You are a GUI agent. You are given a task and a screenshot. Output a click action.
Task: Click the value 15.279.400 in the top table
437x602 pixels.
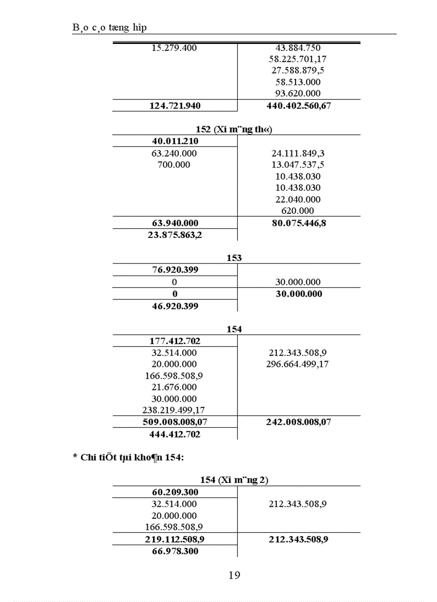coord(174,48)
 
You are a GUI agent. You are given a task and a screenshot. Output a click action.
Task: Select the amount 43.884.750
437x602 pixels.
coord(298,48)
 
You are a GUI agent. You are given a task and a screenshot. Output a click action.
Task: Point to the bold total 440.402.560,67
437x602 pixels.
coord(298,106)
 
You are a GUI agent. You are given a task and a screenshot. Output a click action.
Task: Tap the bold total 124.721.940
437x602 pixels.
coord(175,106)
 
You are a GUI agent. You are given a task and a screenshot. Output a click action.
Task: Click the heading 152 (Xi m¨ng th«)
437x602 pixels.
coord(235,130)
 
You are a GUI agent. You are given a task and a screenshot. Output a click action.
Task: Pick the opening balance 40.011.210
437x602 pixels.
coord(175,142)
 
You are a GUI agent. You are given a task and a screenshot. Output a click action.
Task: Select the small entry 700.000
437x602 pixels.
coord(174,165)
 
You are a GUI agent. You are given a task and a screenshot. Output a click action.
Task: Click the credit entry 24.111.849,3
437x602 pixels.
coord(298,153)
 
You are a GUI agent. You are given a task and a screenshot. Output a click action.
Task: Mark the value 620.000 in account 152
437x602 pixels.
coord(298,211)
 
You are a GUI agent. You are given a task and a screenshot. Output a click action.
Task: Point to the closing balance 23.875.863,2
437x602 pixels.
coord(175,234)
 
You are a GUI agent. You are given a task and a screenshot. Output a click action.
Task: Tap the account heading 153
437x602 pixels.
coord(234,258)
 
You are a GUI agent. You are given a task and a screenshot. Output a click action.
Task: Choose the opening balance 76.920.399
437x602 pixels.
coord(175,270)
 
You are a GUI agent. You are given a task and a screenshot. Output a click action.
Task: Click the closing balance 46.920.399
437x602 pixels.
coord(175,307)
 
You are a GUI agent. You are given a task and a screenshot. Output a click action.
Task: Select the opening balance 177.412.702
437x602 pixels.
coord(175,341)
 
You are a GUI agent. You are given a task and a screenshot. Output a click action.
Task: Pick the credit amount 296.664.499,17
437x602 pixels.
coord(298,365)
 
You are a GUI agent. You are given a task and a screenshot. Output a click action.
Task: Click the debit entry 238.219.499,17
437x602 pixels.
coord(174,411)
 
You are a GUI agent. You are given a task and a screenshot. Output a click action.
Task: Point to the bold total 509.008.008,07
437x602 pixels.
coord(175,422)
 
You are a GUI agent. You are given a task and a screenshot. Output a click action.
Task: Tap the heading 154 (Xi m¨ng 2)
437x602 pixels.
coord(234,480)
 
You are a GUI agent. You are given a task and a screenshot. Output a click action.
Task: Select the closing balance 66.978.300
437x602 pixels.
coord(175,552)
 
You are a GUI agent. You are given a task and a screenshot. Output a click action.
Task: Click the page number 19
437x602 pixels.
coord(234,576)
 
